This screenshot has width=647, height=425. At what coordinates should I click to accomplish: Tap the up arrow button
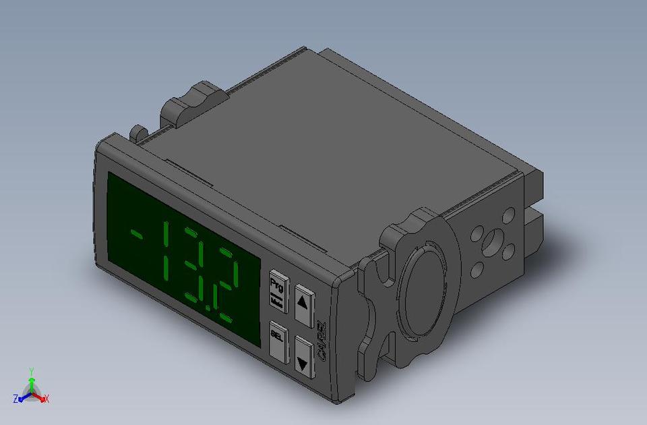[x=303, y=300]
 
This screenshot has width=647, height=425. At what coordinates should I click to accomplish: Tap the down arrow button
[x=304, y=356]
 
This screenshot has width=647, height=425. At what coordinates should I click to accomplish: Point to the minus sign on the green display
[x=137, y=235]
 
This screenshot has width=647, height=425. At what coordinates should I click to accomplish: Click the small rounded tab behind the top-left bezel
[x=138, y=132]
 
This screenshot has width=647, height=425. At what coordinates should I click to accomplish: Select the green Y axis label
[x=32, y=372]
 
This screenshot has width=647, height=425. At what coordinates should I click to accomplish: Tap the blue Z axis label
[x=16, y=399]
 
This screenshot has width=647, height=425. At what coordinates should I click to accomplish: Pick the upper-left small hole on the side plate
[x=477, y=234]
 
